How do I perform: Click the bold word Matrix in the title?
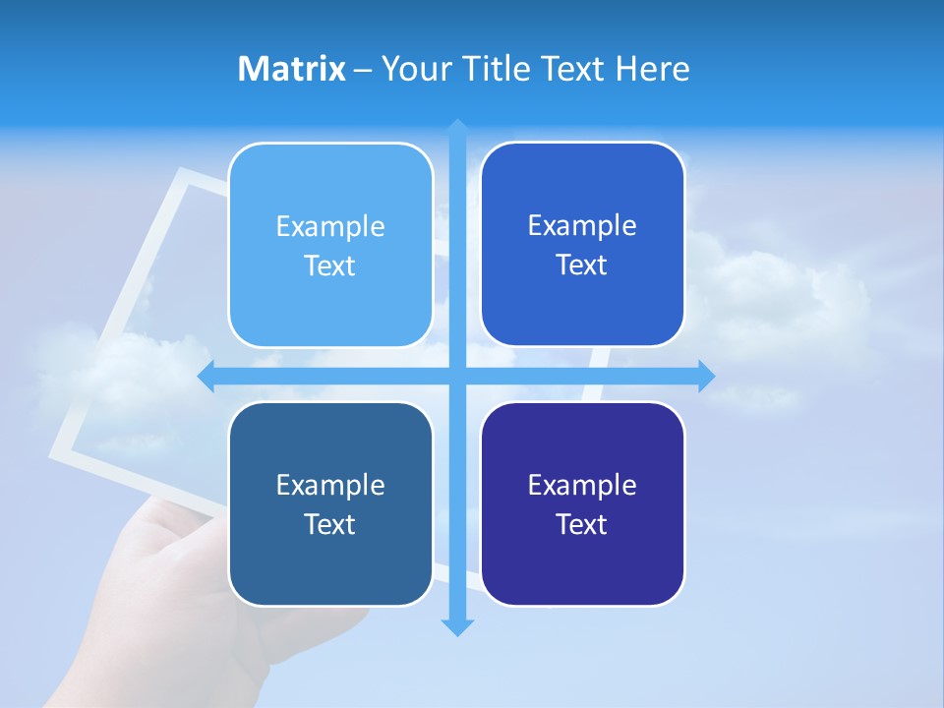[292, 69]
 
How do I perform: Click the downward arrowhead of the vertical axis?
[457, 626]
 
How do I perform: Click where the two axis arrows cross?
[457, 376]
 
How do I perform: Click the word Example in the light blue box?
[330, 227]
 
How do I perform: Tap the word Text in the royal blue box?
[582, 265]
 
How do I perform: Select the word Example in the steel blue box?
[330, 486]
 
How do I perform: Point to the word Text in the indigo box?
[582, 525]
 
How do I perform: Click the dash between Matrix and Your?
[364, 70]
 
